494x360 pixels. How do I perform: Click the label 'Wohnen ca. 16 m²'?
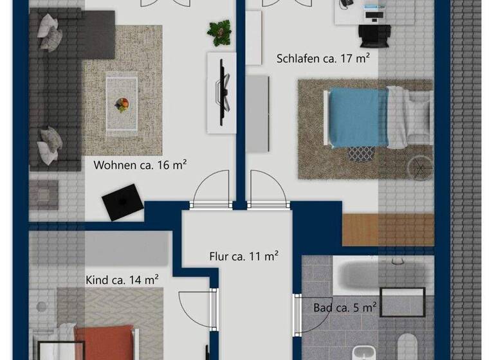pos(140,165)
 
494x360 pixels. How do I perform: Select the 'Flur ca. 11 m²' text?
pos(244,256)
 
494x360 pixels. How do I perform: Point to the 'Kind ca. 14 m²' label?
pos(122,280)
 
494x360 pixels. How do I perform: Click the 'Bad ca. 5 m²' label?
pos(345,308)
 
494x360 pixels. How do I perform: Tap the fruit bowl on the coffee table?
pos(122,104)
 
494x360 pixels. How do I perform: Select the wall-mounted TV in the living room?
pos(224,91)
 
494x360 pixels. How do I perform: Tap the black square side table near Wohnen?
pos(123,202)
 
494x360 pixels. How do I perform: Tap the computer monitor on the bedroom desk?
pos(372,12)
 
